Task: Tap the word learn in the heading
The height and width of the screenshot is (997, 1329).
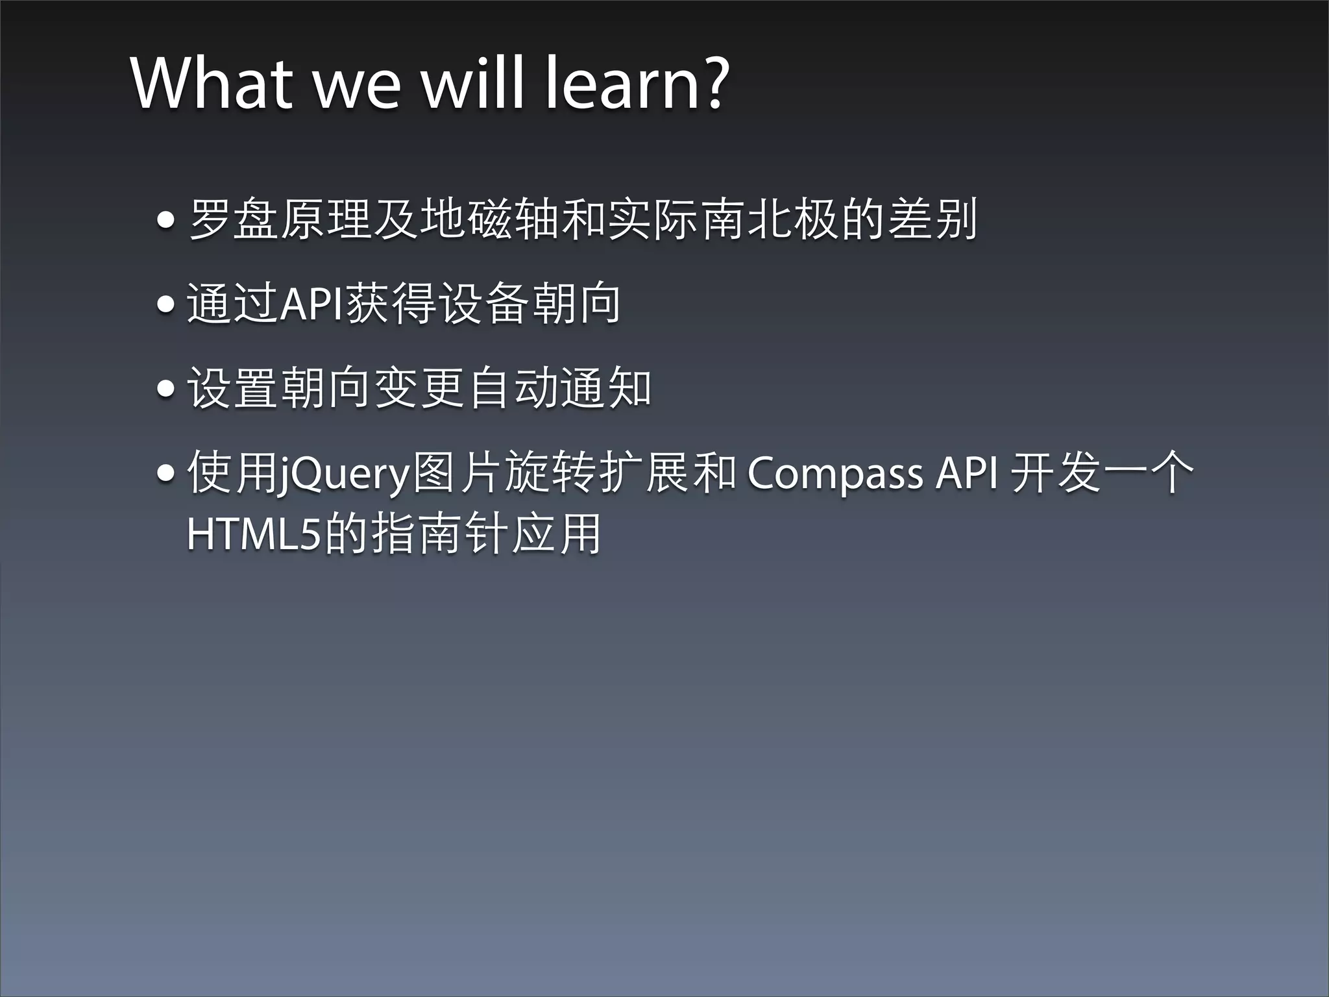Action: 621,84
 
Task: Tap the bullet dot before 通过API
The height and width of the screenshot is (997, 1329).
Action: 166,304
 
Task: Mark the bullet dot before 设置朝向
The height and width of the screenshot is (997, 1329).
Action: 166,389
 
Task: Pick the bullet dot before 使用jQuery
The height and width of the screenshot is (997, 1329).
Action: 166,473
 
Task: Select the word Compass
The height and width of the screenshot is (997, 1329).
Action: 835,473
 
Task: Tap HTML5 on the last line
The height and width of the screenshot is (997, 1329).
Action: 254,534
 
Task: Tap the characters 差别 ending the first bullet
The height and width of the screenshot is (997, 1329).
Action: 932,219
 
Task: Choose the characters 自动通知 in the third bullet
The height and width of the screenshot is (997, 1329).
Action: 559,388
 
